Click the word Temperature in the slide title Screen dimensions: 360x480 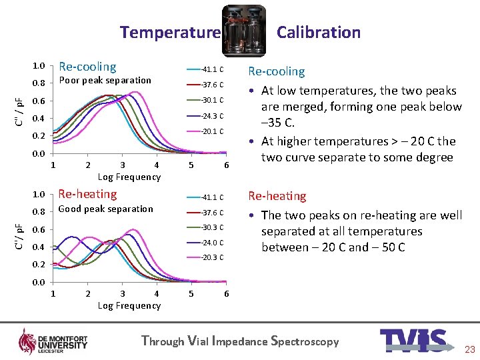tap(170, 32)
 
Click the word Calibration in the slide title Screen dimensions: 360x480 tap(318, 32)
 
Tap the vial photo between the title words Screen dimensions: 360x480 tap(243, 31)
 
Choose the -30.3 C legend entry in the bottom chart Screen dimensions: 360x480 tap(212, 228)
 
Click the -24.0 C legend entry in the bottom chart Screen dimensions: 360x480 tap(212, 243)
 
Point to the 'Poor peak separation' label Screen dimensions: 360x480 tap(105, 81)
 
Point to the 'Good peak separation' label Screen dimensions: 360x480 tap(106, 209)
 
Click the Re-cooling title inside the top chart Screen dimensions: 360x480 tap(87, 67)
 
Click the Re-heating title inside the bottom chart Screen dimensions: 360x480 tap(87, 194)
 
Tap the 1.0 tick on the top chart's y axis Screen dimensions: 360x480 tap(39, 67)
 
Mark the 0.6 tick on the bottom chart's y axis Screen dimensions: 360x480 tap(39, 230)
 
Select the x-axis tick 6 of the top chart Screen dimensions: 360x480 tap(227, 165)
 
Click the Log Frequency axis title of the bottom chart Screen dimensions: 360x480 tap(129, 305)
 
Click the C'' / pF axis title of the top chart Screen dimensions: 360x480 tap(21, 111)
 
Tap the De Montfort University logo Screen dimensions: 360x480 tap(53, 341)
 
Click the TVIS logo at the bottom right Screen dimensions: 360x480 tap(413, 341)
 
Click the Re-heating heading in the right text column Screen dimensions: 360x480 tap(277, 196)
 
